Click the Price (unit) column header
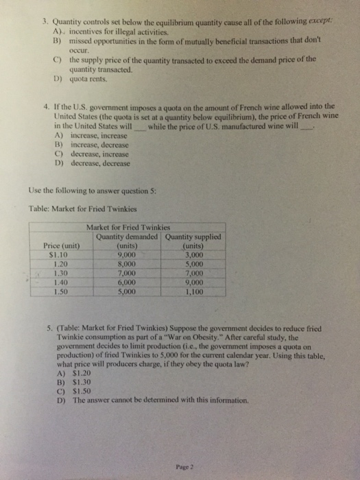(x=62, y=245)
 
